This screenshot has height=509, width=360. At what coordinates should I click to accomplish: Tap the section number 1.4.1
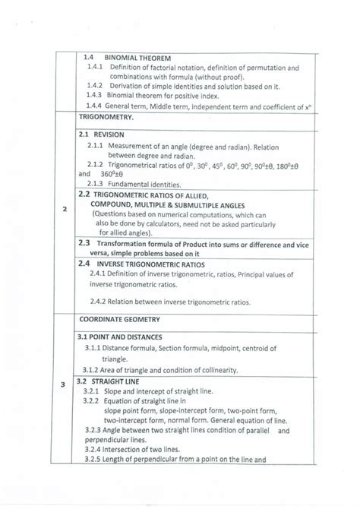click(96, 68)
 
